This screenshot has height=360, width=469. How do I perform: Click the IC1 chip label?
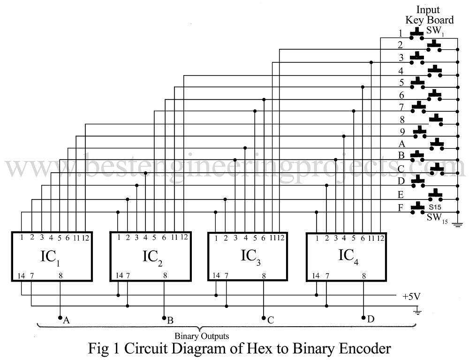pyautogui.click(x=51, y=257)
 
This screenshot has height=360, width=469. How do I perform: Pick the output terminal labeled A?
pyautogui.click(x=61, y=318)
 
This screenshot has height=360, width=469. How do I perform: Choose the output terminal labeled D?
pyautogui.click(x=364, y=318)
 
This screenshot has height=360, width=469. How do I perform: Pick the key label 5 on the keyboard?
pyautogui.click(x=401, y=83)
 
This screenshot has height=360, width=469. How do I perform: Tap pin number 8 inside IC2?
pyautogui.click(x=164, y=276)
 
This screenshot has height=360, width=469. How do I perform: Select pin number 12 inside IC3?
pyautogui.click(x=281, y=238)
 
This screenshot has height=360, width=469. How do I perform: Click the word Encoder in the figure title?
pyautogui.click(x=363, y=349)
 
